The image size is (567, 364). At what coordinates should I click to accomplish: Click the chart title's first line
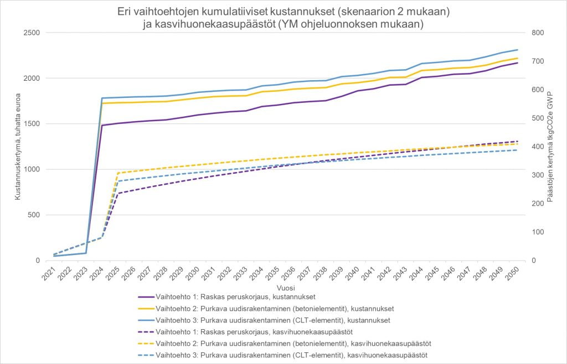coord(283,11)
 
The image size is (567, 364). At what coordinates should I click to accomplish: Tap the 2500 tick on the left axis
coord(30,33)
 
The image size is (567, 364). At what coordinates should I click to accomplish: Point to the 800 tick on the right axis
coord(538,33)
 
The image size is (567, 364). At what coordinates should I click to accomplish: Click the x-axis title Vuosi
coord(285,288)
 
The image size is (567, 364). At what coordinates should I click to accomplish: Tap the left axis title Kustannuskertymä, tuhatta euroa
coord(17,147)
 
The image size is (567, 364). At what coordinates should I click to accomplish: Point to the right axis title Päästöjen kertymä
coord(550,147)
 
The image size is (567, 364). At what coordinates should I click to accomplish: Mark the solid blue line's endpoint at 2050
coord(518,50)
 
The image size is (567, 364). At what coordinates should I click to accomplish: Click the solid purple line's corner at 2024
coord(102,125)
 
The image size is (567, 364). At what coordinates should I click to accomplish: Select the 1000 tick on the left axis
coord(30,169)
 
